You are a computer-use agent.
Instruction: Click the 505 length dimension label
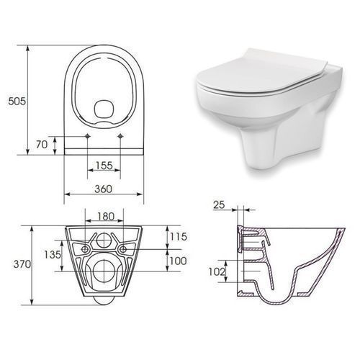click(x=17, y=101)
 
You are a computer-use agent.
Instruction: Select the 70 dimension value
click(x=42, y=145)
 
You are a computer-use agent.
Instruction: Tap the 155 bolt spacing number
click(x=104, y=165)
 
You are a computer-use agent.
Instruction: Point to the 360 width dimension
click(x=103, y=189)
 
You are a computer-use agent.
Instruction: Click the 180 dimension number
click(x=106, y=216)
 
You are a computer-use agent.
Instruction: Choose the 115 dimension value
click(x=179, y=237)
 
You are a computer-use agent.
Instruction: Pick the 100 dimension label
click(x=178, y=261)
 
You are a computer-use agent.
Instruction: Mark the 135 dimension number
click(x=53, y=254)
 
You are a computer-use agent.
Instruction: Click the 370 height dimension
click(x=22, y=264)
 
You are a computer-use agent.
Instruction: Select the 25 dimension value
click(x=219, y=204)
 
